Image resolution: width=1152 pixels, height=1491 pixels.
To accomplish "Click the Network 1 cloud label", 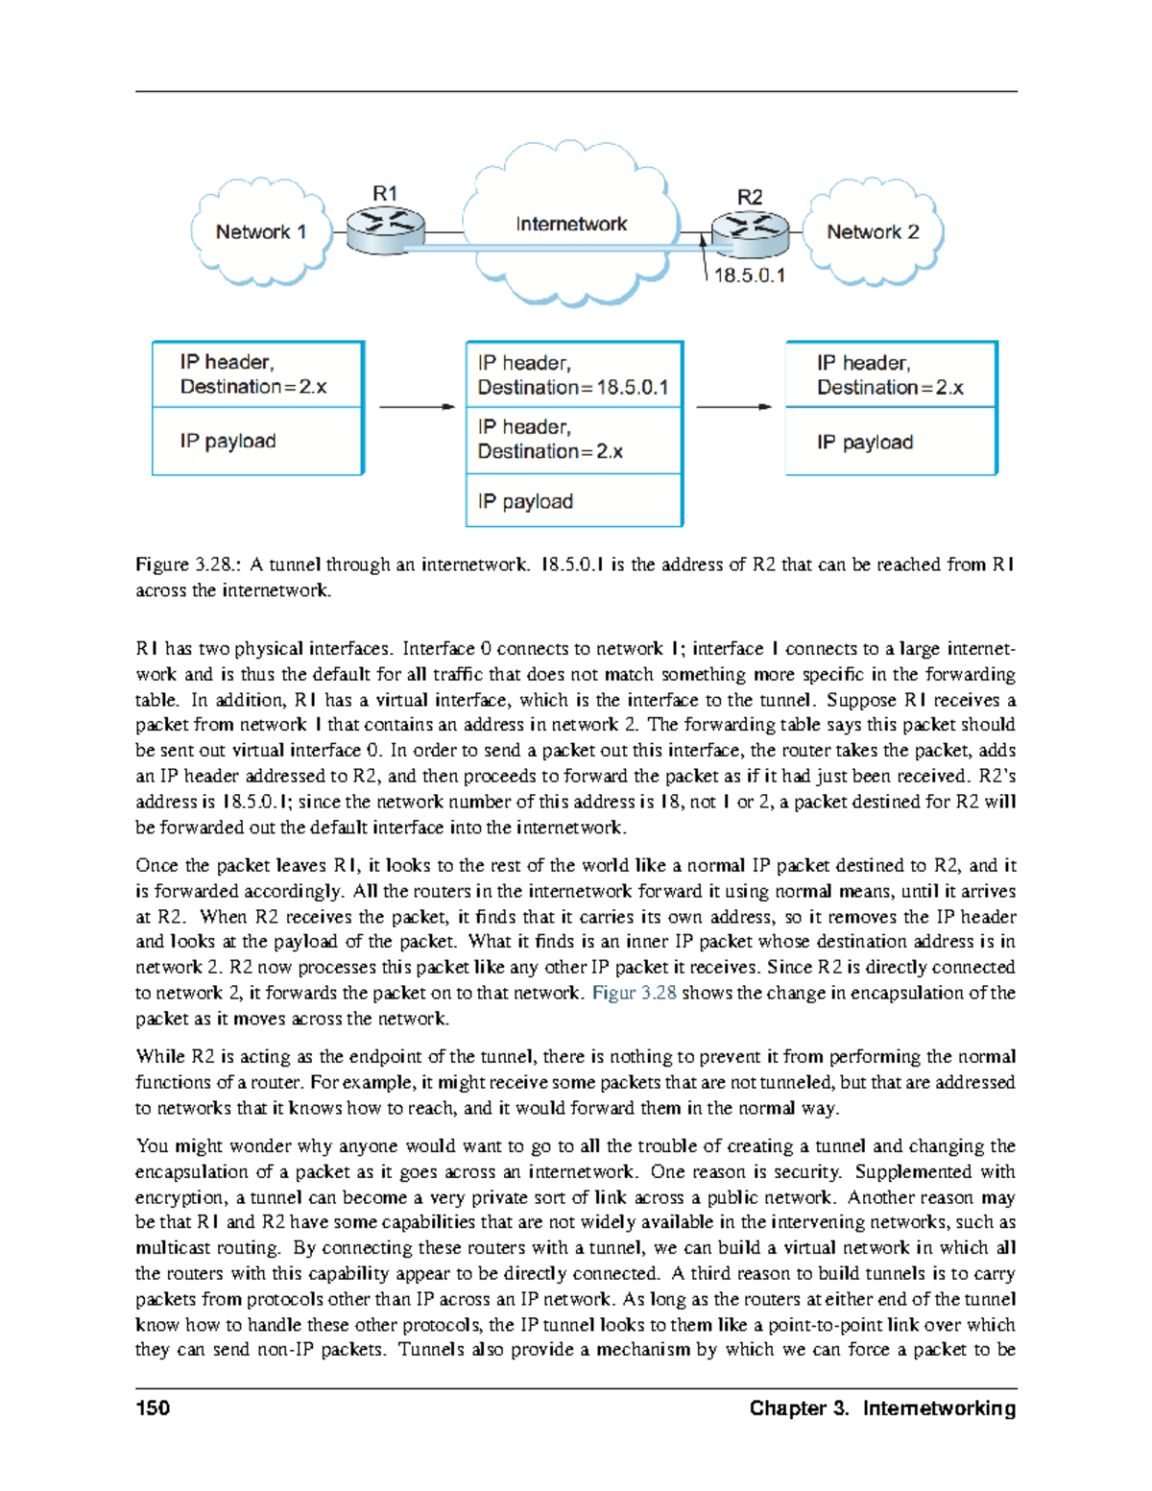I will (260, 232).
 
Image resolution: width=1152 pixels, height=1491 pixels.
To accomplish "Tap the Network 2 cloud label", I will (873, 232).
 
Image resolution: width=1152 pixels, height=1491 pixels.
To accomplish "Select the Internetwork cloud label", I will (570, 225).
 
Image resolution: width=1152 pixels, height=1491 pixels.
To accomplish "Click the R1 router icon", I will (385, 230).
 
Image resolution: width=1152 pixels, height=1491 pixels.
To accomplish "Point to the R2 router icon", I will (749, 233).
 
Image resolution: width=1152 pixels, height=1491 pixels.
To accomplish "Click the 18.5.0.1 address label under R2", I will (749, 276).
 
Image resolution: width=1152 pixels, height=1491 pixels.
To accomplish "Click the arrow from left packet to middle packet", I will (417, 407).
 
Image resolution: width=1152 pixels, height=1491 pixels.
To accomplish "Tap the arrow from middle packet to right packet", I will (733, 407).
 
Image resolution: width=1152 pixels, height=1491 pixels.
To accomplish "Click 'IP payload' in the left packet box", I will (228, 442).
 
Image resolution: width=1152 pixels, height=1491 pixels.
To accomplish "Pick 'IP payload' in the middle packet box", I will (525, 502).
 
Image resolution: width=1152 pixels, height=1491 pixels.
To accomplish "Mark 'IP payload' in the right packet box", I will (865, 443).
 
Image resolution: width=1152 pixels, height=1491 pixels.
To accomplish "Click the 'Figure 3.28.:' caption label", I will (188, 565).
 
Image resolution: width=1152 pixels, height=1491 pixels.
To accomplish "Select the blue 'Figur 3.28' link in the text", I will (634, 994).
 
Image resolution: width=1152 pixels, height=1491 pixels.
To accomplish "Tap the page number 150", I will (153, 1408).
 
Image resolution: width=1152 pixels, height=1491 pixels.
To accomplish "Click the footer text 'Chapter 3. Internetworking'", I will (882, 1408).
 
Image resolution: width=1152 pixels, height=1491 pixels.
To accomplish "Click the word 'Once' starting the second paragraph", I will (156, 866).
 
